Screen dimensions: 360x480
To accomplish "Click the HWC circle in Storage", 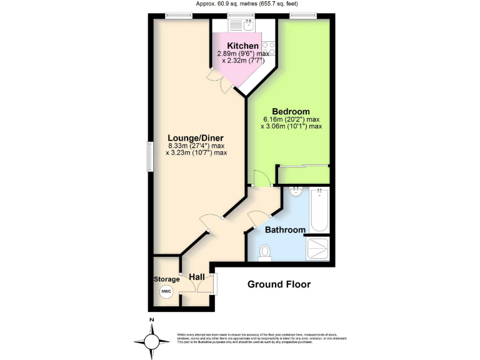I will click(x=166, y=292).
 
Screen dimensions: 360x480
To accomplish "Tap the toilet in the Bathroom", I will click(x=266, y=252).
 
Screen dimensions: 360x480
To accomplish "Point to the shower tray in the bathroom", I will click(x=320, y=248).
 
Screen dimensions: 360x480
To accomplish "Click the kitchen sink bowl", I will click(x=248, y=26).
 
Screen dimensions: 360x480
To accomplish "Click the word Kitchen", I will click(x=242, y=46).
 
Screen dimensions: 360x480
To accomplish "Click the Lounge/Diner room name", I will click(x=196, y=138).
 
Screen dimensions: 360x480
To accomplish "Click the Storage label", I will click(x=166, y=279).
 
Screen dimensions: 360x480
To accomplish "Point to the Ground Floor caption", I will click(x=279, y=284).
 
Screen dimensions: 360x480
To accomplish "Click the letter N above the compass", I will click(x=151, y=321).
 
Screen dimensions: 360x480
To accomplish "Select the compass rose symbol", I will click(x=151, y=341).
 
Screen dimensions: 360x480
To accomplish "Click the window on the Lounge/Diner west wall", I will click(x=149, y=156).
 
